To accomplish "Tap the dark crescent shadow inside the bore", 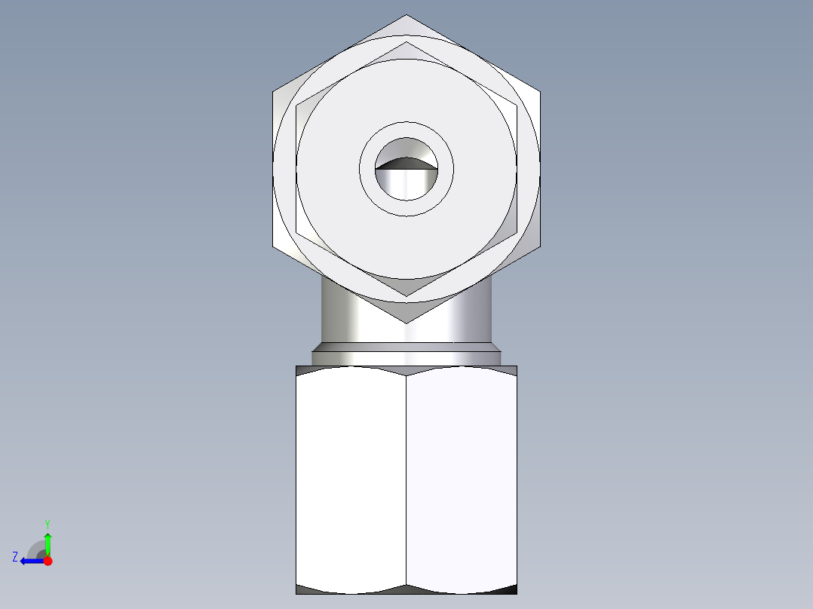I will pos(406,162).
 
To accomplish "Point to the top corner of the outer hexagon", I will pos(406,15).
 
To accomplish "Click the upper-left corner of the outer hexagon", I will pos(273,92).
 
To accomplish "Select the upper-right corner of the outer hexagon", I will pos(540,92).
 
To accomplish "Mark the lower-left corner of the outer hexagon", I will pos(273,246).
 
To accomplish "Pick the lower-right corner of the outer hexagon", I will pos(540,246).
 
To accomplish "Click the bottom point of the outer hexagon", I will pos(406,323).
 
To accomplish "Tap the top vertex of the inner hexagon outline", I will pos(406,42).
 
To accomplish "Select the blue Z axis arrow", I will pos(30,561).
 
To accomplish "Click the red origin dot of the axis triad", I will pos(48,561).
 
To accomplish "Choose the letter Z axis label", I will pos(15,556).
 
